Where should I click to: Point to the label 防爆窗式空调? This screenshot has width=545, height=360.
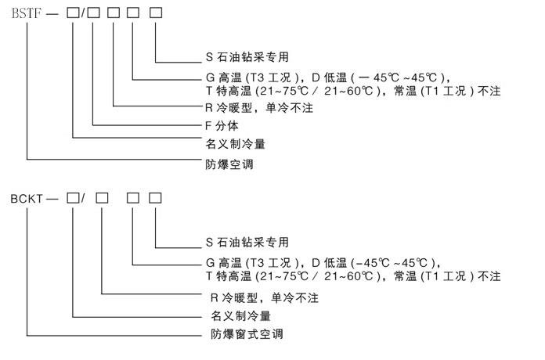(247, 334)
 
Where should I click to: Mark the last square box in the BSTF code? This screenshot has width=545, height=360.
(157, 13)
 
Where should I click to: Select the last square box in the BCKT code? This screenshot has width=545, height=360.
(156, 198)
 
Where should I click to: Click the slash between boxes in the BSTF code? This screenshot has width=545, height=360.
(84, 13)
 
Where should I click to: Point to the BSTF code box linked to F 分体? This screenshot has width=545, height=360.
(94, 13)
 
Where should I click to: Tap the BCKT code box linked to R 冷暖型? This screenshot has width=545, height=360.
(103, 198)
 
